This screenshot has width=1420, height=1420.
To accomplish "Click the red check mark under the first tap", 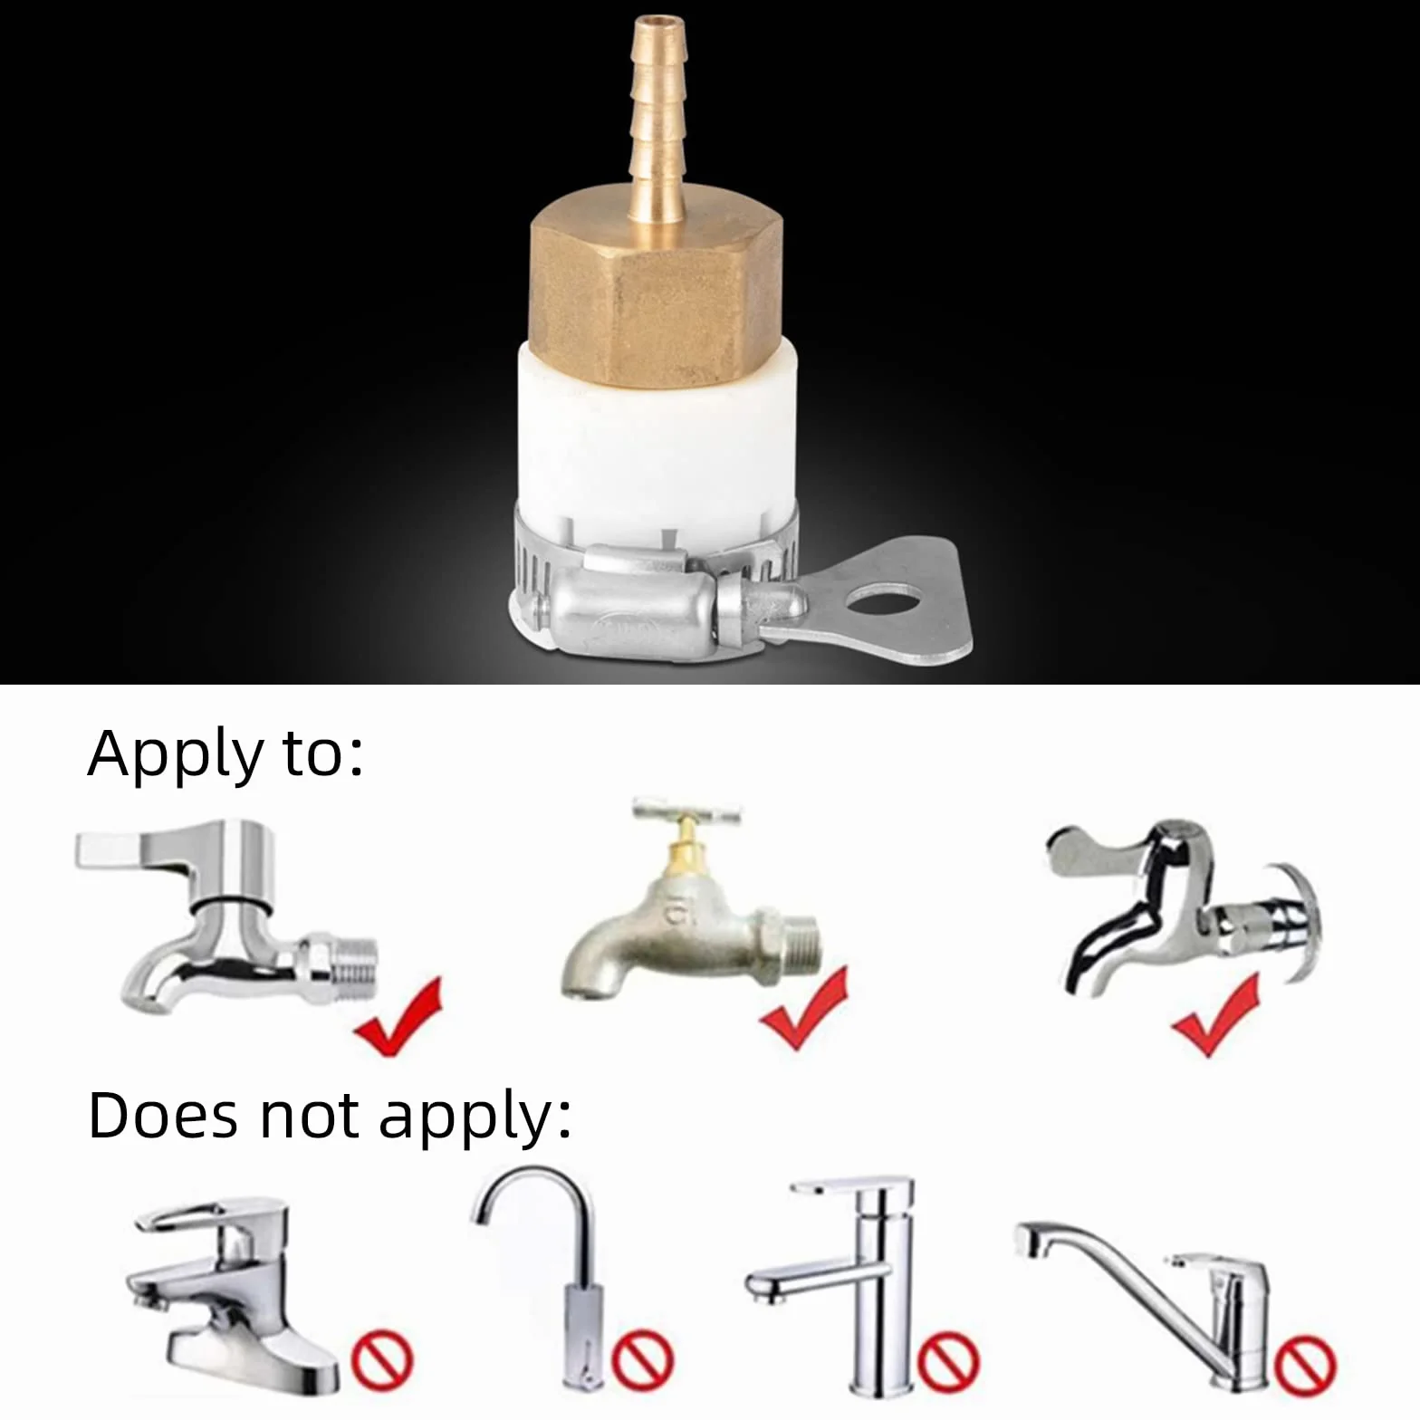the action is coord(399,1018).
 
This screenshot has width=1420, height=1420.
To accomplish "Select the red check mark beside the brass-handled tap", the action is coord(804,1009).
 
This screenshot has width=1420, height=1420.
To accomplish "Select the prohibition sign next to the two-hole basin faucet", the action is coord(381,1359).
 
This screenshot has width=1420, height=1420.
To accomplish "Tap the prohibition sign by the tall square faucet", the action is coord(948,1360).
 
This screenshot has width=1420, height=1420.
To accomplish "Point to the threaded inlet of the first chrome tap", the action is coord(352,964).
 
